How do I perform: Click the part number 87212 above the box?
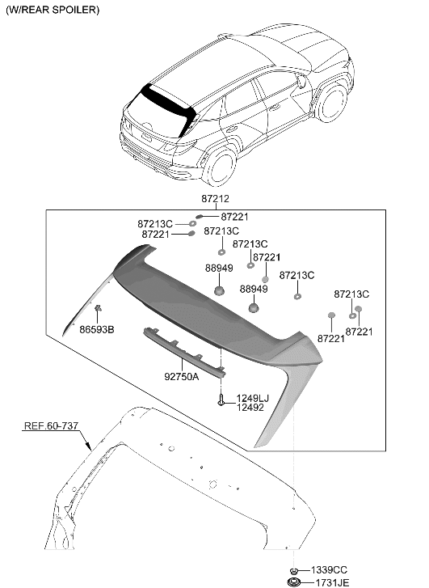point(215,198)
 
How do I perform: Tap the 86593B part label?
point(97,330)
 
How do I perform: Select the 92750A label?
point(181,376)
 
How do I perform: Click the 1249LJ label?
point(253,398)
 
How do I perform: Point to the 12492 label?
point(250,408)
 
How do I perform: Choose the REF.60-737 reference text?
point(52,425)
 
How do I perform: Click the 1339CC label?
point(329,570)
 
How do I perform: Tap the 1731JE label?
point(331,583)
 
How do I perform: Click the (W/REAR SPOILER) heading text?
point(53,10)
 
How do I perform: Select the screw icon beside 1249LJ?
point(221,400)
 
